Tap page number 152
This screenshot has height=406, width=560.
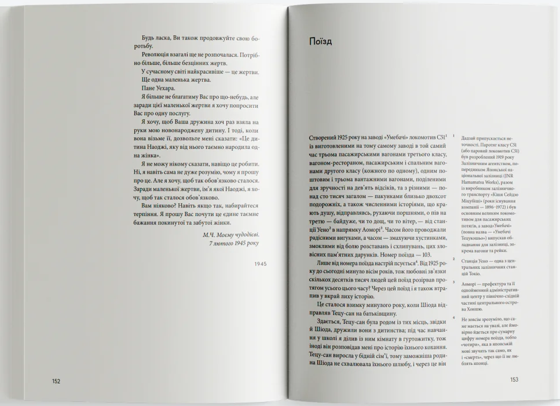coord(56,381)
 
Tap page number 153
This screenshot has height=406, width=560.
coord(514,380)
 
